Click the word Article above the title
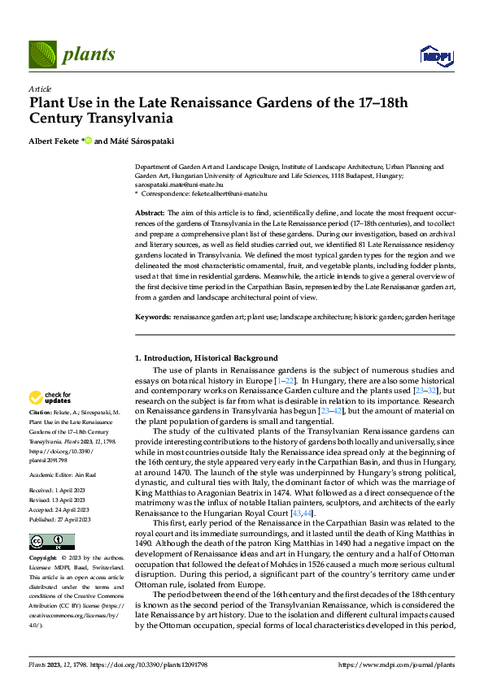(41, 89)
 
